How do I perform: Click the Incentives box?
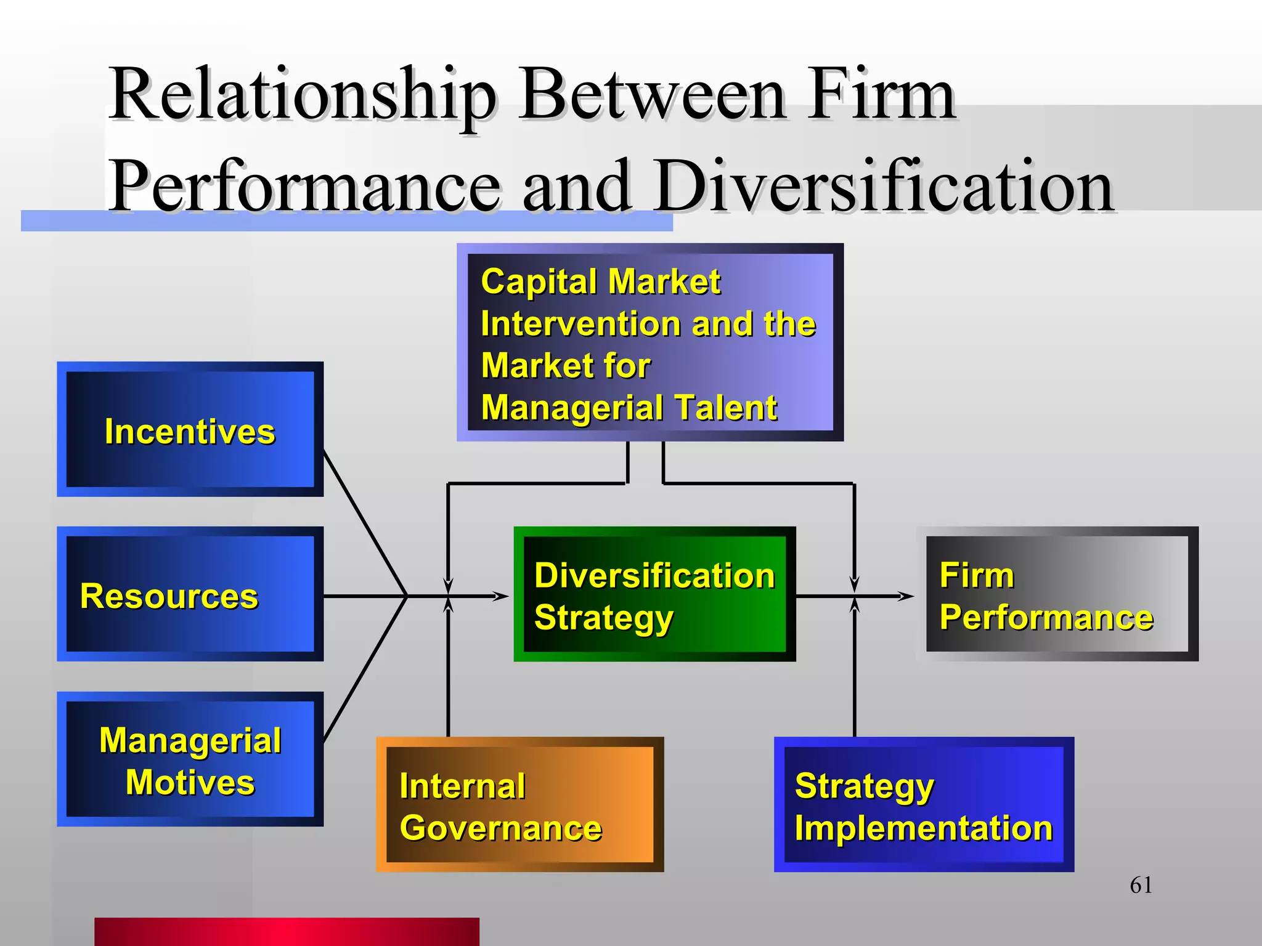click(190, 429)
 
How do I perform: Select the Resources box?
click(190, 594)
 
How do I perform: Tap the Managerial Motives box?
click(190, 759)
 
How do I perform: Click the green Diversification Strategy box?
click(654, 594)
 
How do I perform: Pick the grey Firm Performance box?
click(1057, 594)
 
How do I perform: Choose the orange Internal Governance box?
click(519, 804)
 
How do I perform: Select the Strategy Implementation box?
click(924, 804)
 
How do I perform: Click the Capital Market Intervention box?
click(649, 342)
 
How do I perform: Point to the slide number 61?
click(1141, 885)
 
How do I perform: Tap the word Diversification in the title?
click(884, 186)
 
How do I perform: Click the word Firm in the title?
click(882, 95)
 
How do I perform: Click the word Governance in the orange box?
click(500, 828)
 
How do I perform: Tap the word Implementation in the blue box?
click(923, 828)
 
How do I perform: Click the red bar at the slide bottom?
click(287, 931)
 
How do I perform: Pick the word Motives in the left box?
click(190, 782)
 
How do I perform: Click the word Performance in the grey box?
click(1046, 617)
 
